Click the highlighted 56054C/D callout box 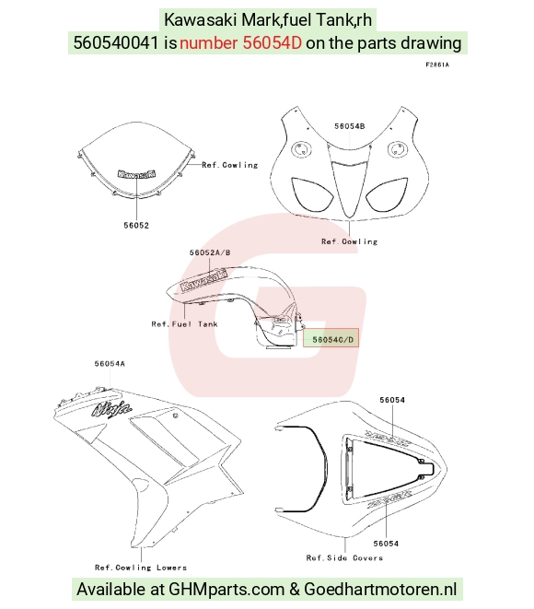(331, 337)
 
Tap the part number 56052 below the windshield (136, 226)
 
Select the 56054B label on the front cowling (349, 126)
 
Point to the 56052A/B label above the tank (210, 252)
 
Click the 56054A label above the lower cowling (110, 364)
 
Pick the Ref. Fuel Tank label (184, 324)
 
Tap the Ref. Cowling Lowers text (141, 568)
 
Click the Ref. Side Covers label (344, 558)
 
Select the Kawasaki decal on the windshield (136, 174)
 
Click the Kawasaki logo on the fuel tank (203, 280)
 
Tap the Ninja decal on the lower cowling (111, 409)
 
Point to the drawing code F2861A (437, 64)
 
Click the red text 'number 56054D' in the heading (240, 42)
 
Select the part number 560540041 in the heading (116, 42)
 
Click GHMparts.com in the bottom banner (226, 590)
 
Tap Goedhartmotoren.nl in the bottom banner (380, 590)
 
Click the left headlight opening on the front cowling (311, 193)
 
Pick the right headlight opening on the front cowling (387, 194)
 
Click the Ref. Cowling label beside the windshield (230, 165)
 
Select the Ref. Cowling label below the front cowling (349, 241)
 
